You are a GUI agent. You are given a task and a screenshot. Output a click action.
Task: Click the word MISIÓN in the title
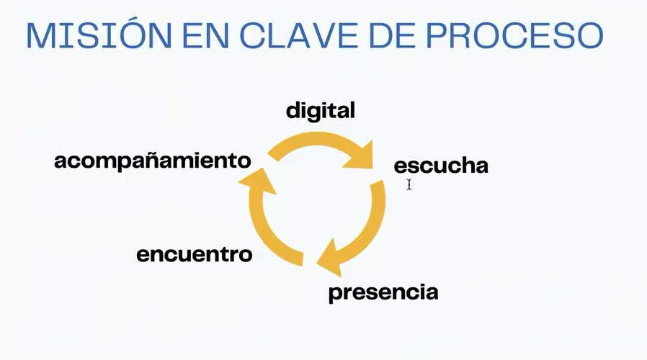coord(99,35)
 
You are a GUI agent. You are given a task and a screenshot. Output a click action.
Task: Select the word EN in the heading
coord(205,36)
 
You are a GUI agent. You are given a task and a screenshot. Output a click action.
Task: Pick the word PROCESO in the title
coord(514,36)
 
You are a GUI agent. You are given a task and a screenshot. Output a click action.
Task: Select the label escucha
coord(441,166)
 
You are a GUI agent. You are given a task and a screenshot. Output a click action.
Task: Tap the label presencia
coord(383,292)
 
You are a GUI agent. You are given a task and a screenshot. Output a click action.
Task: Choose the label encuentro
coord(195,254)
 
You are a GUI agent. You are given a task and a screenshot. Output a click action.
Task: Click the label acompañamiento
coord(153,161)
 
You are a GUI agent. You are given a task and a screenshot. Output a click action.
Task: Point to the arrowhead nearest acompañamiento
coord(256,181)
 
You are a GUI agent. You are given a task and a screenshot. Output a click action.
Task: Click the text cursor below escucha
coord(409,184)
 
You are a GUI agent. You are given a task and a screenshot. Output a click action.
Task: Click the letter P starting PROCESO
coord(437,36)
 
